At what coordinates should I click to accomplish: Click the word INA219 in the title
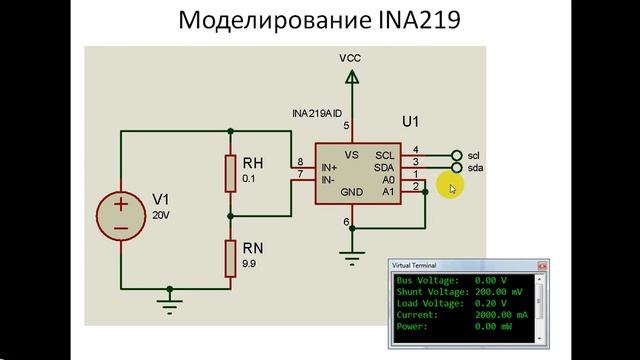pyautogui.click(x=414, y=21)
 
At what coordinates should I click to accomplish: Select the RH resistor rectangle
pyautogui.click(x=230, y=171)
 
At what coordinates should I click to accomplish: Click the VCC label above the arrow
pyautogui.click(x=349, y=58)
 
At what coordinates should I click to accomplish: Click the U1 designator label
pyautogui.click(x=411, y=123)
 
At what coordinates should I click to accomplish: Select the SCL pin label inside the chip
pyautogui.click(x=385, y=155)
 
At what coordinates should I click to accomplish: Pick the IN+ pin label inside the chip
pyautogui.click(x=329, y=167)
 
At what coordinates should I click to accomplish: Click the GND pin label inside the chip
pyautogui.click(x=351, y=192)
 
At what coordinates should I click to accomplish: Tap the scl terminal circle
pyautogui.click(x=457, y=155)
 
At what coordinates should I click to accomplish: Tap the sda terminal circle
pyautogui.click(x=457, y=168)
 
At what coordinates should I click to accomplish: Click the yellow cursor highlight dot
pyautogui.click(x=453, y=187)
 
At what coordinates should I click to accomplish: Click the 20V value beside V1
pyautogui.click(x=161, y=216)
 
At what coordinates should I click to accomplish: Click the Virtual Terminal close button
pyautogui.click(x=542, y=266)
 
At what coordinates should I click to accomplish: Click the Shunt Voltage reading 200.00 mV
pyautogui.click(x=496, y=292)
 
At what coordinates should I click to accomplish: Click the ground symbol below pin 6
pyautogui.click(x=349, y=257)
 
